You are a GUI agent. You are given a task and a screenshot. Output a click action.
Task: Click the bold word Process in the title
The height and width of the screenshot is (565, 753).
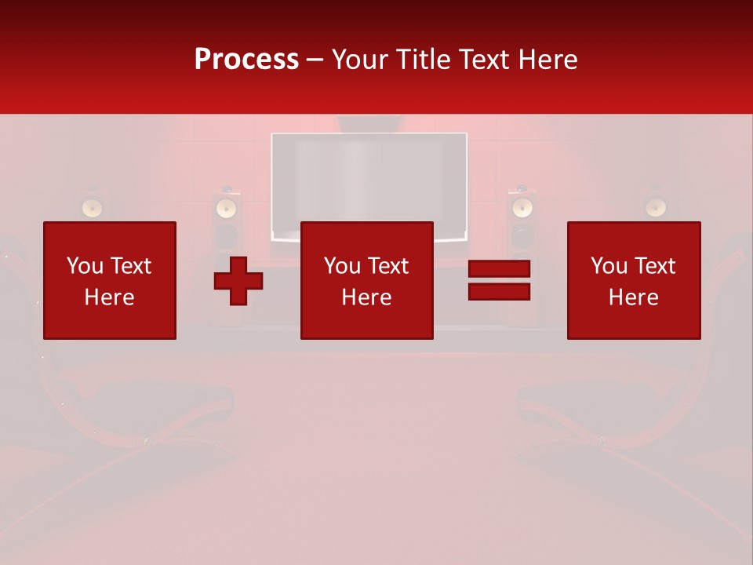point(246,60)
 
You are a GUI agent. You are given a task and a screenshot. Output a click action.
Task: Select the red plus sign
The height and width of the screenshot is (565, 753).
point(238,280)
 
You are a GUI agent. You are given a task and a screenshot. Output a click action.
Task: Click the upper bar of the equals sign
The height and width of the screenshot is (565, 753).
point(499,269)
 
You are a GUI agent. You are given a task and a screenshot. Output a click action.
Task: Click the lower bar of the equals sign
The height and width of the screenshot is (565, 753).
point(499,292)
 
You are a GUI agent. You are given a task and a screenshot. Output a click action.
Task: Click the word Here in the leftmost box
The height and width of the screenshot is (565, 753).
point(109,297)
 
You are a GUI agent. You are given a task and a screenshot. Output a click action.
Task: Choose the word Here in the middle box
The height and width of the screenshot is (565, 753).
point(366,297)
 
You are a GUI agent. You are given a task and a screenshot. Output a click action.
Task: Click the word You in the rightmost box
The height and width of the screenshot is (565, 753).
point(609,266)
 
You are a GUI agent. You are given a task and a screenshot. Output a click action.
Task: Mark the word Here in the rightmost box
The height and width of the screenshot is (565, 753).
point(633,297)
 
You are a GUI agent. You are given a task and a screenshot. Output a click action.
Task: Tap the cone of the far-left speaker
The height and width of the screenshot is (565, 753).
point(93,208)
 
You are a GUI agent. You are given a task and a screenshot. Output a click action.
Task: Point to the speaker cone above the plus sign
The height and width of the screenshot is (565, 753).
point(226,208)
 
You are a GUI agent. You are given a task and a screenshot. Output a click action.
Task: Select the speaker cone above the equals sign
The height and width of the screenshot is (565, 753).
point(521,208)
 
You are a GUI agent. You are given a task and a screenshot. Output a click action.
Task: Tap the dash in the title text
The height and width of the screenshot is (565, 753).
point(315,60)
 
